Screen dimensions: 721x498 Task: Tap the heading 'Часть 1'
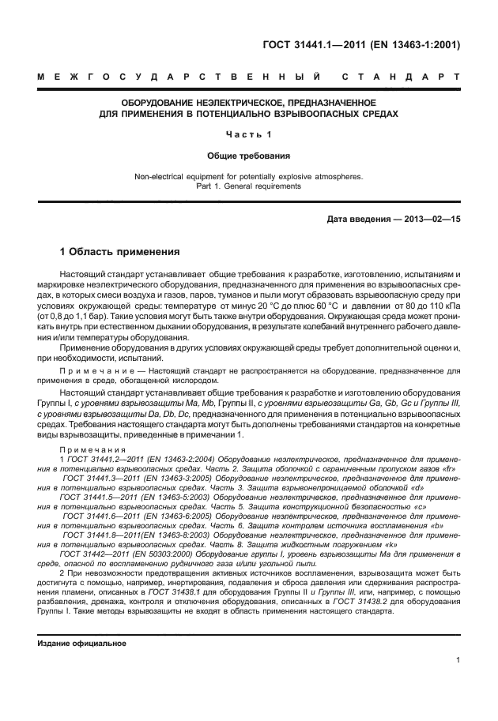coord(248,134)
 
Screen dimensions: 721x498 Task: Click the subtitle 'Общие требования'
coord(248,156)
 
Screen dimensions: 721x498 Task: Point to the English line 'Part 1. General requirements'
coord(248,187)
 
